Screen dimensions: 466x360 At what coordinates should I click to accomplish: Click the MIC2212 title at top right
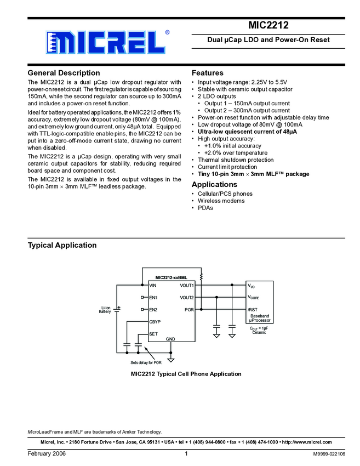268,25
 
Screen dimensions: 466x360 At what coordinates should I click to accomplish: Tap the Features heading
207,73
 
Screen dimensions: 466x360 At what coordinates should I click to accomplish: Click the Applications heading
214,185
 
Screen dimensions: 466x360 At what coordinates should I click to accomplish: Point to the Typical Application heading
62,245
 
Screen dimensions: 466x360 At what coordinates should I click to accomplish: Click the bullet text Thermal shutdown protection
235,160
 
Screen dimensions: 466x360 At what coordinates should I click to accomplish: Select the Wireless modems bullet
221,201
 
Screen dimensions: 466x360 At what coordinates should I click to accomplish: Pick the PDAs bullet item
205,208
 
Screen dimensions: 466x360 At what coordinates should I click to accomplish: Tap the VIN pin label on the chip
153,286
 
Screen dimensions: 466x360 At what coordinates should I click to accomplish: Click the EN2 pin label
153,310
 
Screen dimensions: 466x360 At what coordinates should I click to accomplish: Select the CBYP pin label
155,322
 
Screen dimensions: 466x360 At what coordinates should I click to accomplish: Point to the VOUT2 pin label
187,298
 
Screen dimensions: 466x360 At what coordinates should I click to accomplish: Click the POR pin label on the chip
189,310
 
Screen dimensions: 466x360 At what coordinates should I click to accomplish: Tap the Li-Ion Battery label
105,310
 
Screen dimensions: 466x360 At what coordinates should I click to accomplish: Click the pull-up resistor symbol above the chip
201,276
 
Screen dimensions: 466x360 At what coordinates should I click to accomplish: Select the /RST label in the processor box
253,310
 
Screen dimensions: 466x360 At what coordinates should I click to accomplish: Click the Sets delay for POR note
146,363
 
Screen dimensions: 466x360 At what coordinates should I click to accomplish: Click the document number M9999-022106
329,454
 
